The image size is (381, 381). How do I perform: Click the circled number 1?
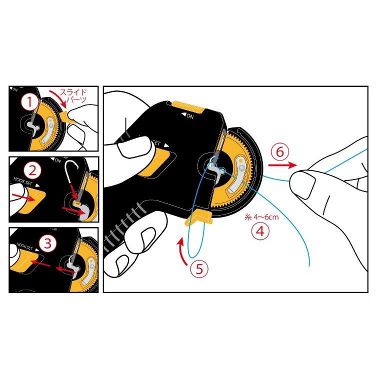tap(29, 102)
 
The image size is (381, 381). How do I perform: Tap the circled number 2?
tap(32, 170)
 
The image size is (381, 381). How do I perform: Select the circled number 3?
tap(47, 243)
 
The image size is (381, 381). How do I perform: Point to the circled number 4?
tap(260, 231)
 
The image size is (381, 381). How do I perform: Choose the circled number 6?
tap(280, 152)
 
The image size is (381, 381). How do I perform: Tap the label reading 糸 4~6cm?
tap(261, 216)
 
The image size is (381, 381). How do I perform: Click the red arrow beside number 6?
tap(282, 165)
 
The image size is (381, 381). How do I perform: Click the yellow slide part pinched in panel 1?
tap(65, 116)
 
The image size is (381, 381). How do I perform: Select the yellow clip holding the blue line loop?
tap(199, 217)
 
